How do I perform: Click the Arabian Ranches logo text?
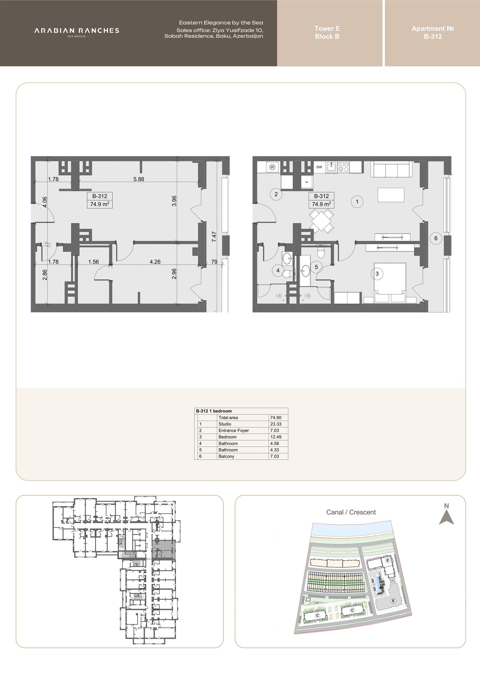click(x=77, y=31)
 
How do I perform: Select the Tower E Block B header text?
click(x=327, y=33)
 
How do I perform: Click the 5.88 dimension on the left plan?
click(x=139, y=179)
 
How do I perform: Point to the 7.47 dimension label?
click(x=214, y=237)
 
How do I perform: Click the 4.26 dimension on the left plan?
click(x=155, y=262)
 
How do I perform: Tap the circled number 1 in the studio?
click(x=357, y=202)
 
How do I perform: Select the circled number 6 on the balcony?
click(x=436, y=238)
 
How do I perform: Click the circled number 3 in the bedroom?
click(x=377, y=274)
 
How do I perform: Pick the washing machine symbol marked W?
click(x=272, y=167)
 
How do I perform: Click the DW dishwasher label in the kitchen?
click(x=319, y=167)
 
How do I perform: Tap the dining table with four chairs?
click(x=321, y=221)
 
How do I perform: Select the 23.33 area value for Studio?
click(x=276, y=424)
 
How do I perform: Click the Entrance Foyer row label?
click(x=234, y=430)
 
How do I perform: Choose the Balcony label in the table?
click(x=226, y=456)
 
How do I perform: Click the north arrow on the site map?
click(x=446, y=516)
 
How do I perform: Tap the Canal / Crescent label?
click(x=351, y=512)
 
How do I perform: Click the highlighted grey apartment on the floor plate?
click(x=164, y=549)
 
